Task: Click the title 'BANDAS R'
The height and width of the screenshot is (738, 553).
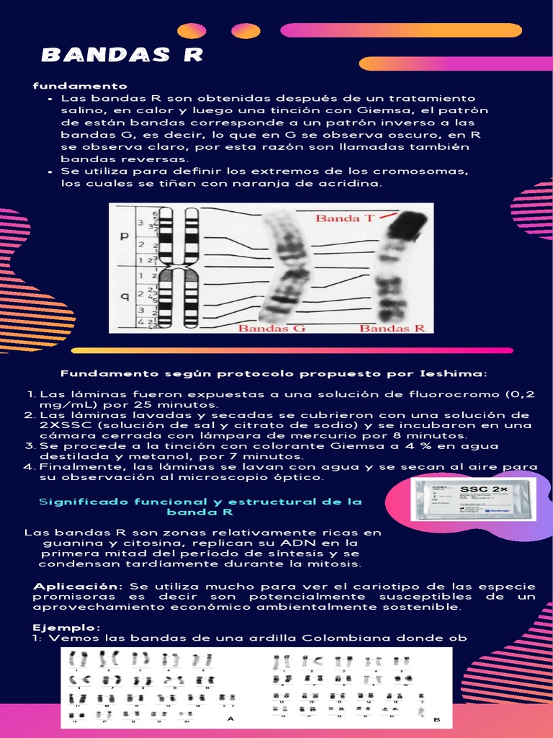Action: tap(122, 55)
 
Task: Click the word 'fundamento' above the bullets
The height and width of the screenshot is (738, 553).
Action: tap(80, 86)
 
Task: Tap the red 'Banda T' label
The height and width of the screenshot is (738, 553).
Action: tap(345, 217)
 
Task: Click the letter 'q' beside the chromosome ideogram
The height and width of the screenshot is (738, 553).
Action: tap(125, 294)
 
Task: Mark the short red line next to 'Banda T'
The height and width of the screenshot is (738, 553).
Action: tap(387, 215)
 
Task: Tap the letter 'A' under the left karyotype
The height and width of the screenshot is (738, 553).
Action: tap(230, 719)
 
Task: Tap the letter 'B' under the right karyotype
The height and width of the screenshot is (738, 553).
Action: tap(436, 719)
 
